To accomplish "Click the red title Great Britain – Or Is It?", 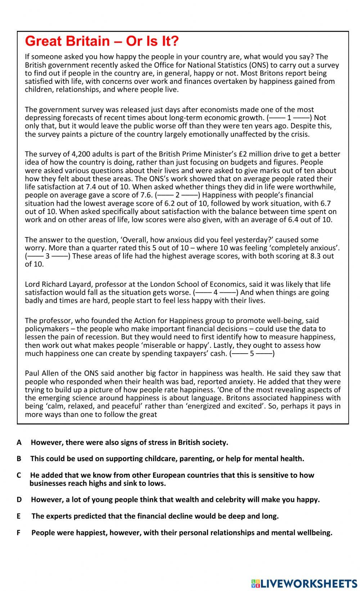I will coord(102,41).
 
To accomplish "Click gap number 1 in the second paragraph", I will coord(289,118).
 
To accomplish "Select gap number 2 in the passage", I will coord(177,195).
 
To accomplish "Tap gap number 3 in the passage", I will coord(48,256).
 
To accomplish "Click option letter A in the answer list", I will coord(19,442).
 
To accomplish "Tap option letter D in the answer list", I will coord(19,500).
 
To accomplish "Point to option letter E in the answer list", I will coord(19,516).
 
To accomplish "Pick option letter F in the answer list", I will coord(19,533).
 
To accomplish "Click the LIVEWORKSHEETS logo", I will coord(304,583).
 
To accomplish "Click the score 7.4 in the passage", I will coord(103,187).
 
